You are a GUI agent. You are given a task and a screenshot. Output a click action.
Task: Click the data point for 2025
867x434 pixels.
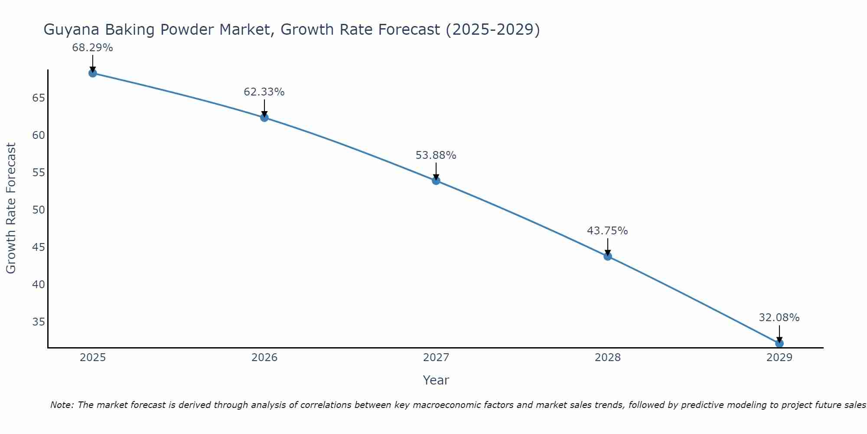pyautogui.click(x=92, y=73)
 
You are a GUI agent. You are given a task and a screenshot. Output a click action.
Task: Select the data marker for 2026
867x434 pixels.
pyautogui.click(x=264, y=117)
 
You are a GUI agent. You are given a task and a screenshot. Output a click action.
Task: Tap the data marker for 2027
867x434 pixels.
pyautogui.click(x=436, y=181)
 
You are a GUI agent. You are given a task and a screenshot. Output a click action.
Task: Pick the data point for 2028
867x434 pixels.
pyautogui.click(x=607, y=256)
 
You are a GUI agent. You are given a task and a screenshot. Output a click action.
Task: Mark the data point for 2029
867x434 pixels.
pyautogui.click(x=779, y=343)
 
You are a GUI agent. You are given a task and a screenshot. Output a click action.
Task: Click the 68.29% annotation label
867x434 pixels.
pyautogui.click(x=92, y=48)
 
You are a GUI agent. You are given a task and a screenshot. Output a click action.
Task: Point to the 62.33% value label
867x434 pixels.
pyautogui.click(x=264, y=92)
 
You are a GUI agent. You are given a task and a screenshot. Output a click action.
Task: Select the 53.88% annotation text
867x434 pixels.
pyautogui.click(x=436, y=155)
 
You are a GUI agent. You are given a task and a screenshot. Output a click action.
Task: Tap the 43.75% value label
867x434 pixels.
pyautogui.click(x=607, y=231)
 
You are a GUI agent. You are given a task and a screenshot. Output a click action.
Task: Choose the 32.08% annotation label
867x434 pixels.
pyautogui.click(x=779, y=318)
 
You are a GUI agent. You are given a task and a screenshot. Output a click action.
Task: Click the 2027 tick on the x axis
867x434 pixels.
pyautogui.click(x=436, y=358)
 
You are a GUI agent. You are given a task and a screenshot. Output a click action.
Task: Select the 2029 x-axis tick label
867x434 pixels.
pyautogui.click(x=779, y=358)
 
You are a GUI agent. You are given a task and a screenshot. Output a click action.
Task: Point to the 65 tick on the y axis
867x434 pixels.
pyautogui.click(x=39, y=98)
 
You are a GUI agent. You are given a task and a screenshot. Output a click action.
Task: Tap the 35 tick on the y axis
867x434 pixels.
pyautogui.click(x=39, y=322)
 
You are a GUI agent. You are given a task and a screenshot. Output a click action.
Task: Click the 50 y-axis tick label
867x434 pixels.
pyautogui.click(x=39, y=210)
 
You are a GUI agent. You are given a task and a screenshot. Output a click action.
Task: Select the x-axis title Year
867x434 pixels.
pyautogui.click(x=436, y=380)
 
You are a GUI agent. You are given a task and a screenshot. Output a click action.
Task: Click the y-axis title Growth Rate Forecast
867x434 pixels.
pyautogui.click(x=11, y=208)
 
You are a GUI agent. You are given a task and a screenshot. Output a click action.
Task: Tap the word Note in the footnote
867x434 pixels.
pyautogui.click(x=62, y=405)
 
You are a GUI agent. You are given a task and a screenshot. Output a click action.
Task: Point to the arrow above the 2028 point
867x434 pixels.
pyautogui.click(x=607, y=247)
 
